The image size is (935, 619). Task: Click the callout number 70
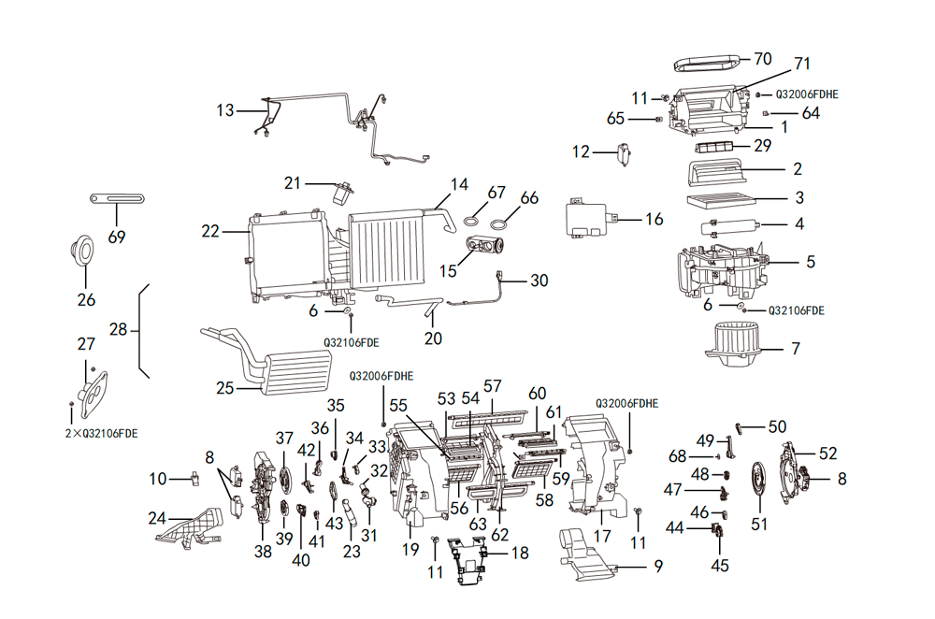pos(764,59)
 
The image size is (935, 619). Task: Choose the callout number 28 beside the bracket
pos(119,329)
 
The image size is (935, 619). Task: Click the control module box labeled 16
pos(589,221)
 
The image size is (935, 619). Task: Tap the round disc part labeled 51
pos(759,482)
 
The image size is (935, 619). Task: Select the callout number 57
pos(493,385)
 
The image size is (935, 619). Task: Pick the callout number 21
pos(293,182)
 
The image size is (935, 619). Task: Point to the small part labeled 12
pos(623,153)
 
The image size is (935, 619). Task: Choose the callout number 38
pos(263,552)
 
